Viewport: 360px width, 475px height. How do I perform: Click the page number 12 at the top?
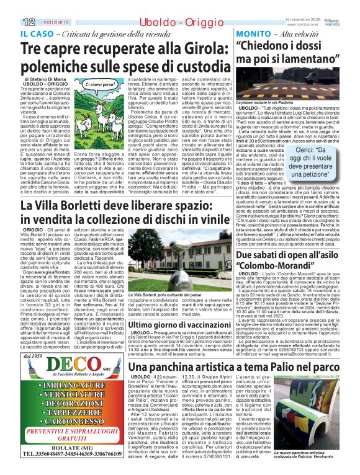(x=13, y=6)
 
